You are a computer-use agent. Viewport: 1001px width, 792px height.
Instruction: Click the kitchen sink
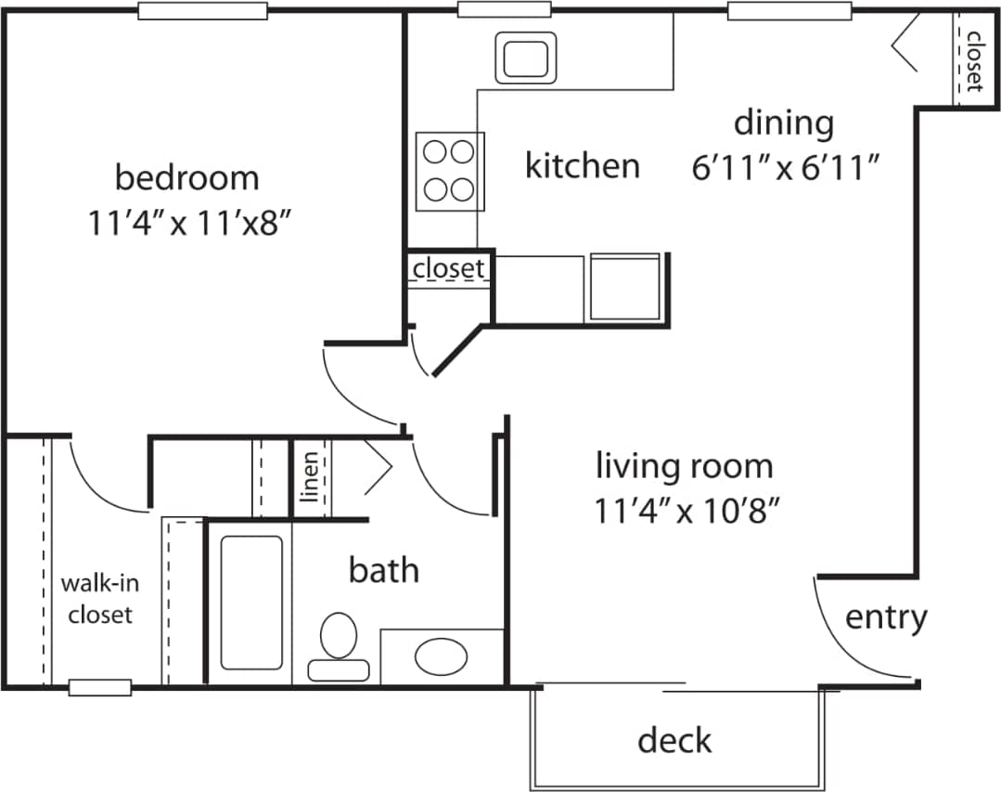pyautogui.click(x=526, y=58)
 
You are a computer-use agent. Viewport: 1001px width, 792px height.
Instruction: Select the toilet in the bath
pyautogui.click(x=339, y=645)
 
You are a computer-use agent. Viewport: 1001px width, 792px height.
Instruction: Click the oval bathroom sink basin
pyautogui.click(x=441, y=656)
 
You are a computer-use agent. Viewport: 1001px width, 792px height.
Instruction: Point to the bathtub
pyautogui.click(x=251, y=602)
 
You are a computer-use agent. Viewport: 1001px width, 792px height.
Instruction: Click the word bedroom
pyautogui.click(x=186, y=176)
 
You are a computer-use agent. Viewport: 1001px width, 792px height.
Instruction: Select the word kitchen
pyautogui.click(x=582, y=166)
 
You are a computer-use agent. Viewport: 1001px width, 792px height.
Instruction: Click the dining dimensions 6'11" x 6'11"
pyautogui.click(x=785, y=169)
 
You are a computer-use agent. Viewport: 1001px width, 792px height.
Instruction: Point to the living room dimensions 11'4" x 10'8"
pyautogui.click(x=685, y=510)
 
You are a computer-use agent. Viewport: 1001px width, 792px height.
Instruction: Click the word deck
pyautogui.click(x=674, y=740)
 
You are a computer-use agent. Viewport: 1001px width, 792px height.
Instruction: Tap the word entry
pyautogui.click(x=886, y=617)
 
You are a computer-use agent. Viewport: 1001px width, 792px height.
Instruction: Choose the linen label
pyautogui.click(x=312, y=475)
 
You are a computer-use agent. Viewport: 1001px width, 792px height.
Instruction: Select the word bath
pyautogui.click(x=383, y=569)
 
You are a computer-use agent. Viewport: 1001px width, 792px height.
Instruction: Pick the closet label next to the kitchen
pyautogui.click(x=449, y=268)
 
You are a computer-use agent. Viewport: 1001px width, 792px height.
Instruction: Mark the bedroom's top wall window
pyautogui.click(x=203, y=12)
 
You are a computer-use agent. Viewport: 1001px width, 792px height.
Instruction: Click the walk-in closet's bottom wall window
pyautogui.click(x=100, y=687)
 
